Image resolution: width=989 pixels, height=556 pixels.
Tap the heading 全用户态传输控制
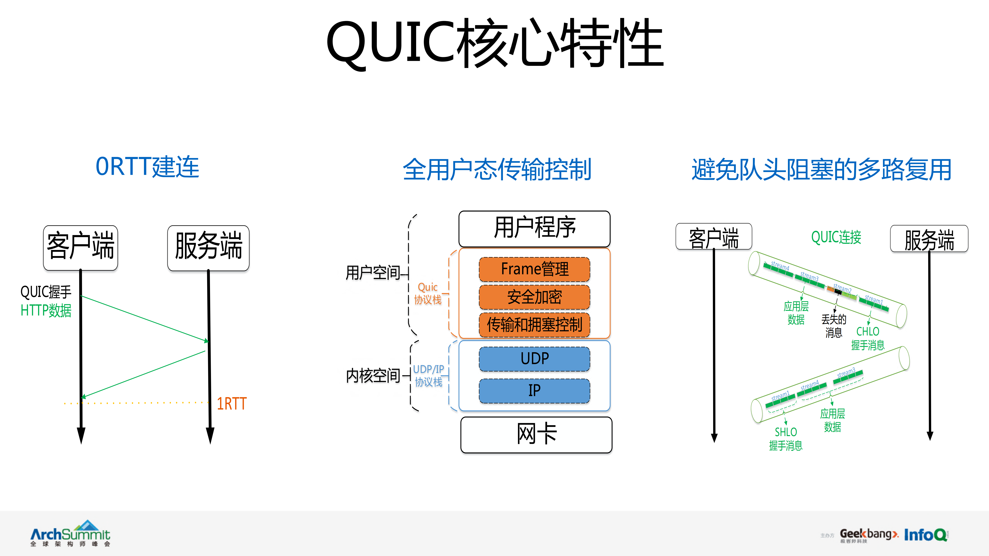(497, 170)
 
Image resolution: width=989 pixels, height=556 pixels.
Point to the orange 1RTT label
(231, 404)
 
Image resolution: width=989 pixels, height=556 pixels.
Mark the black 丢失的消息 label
(833, 326)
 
